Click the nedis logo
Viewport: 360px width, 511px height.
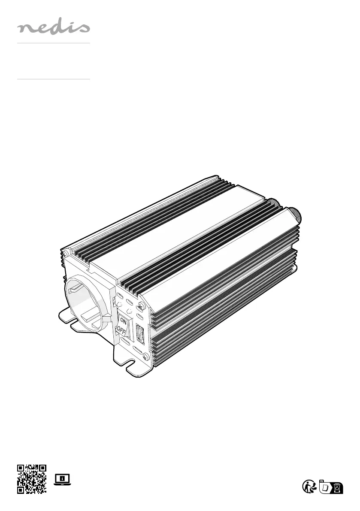tap(54, 28)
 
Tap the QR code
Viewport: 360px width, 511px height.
tap(32, 479)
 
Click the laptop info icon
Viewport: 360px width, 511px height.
tap(62, 479)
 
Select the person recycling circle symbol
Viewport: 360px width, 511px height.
tap(309, 487)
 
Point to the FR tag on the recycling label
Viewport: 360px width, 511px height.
tap(322, 481)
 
